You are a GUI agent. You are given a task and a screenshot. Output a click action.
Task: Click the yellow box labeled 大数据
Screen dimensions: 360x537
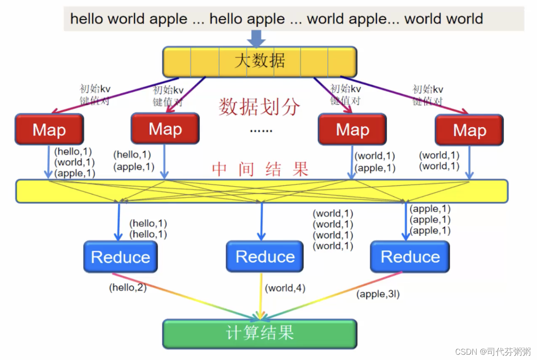(x=260, y=62)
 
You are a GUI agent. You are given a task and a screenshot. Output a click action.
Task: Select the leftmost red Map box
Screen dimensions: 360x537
(x=49, y=129)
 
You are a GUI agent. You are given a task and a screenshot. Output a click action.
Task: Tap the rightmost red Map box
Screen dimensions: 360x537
(x=469, y=130)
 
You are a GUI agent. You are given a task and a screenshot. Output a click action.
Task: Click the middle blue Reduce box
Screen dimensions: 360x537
(x=265, y=257)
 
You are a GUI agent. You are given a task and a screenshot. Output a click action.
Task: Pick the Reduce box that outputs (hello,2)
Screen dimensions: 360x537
(x=120, y=257)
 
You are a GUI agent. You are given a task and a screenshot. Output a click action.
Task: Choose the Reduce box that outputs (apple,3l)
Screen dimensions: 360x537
(x=410, y=257)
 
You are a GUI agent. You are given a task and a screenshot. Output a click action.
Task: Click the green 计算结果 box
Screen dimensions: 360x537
(x=260, y=333)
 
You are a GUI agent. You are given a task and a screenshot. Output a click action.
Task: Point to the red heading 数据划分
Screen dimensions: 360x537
(x=259, y=107)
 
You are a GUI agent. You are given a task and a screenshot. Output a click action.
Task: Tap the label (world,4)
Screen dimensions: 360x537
(x=285, y=288)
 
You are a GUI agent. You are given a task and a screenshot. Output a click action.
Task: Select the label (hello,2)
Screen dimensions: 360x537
(x=128, y=288)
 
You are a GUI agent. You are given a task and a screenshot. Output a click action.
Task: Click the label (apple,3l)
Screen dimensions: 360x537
(x=378, y=294)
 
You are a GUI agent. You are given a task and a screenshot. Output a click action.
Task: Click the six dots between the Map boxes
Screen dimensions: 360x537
(x=261, y=131)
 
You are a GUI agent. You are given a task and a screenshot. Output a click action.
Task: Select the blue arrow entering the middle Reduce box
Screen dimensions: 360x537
(x=261, y=222)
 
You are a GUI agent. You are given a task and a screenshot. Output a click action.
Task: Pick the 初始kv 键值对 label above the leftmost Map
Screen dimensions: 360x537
(x=95, y=95)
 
